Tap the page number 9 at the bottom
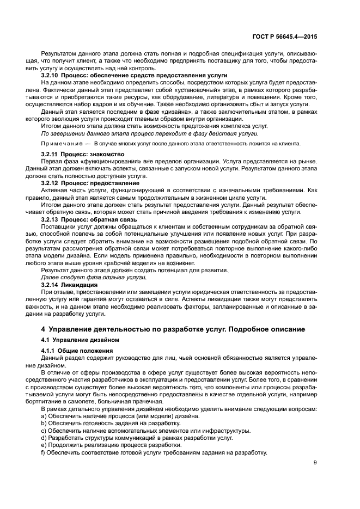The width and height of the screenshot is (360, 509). (x=315, y=463)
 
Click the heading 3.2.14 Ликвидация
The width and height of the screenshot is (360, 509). (x=69, y=284)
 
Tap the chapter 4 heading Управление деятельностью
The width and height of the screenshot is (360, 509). (x=176, y=329)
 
